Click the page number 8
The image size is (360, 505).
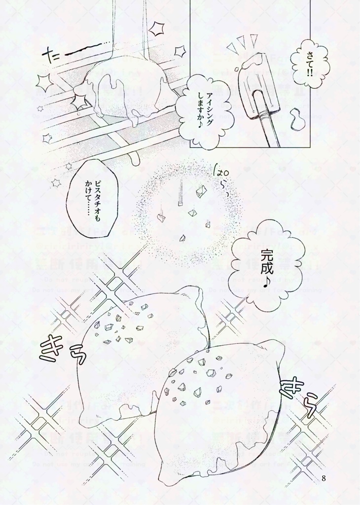pyautogui.click(x=324, y=478)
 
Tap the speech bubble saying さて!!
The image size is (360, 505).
pyautogui.click(x=309, y=64)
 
